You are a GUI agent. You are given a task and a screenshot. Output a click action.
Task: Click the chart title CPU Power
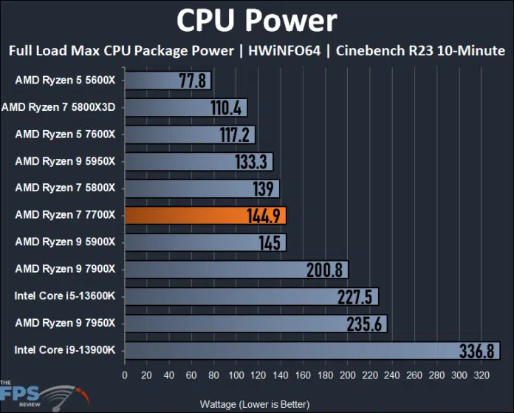pyautogui.click(x=256, y=20)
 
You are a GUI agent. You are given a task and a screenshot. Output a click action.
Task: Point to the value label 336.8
pyautogui.click(x=476, y=350)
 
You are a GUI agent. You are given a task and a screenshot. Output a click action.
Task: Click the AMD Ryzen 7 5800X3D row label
pyautogui.click(x=62, y=107)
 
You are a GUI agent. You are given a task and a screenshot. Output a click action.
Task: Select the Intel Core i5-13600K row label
pyautogui.click(x=65, y=296)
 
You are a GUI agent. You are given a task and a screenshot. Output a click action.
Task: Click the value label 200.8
pyautogui.click(x=326, y=270)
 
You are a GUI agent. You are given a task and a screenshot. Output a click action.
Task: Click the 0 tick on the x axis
pyautogui.click(x=125, y=375)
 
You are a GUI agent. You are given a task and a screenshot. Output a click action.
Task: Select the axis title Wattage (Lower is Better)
pyautogui.click(x=255, y=404)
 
